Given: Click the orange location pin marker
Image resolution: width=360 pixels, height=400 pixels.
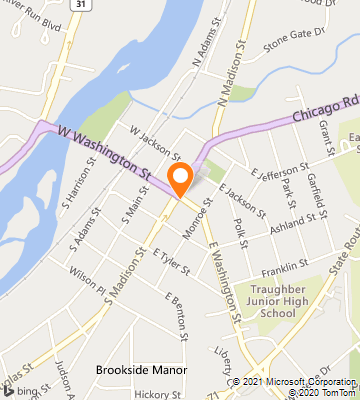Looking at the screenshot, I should coord(180,179).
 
